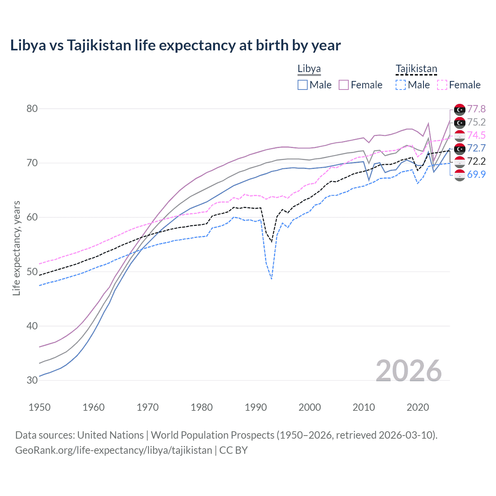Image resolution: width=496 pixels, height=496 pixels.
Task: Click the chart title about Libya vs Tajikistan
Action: point(175,45)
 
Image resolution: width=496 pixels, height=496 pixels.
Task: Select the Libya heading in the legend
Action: point(309,69)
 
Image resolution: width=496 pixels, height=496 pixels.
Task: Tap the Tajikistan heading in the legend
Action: point(416,69)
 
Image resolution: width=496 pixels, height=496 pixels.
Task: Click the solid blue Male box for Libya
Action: point(303,85)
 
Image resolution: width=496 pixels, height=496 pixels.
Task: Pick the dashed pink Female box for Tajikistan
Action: point(442,85)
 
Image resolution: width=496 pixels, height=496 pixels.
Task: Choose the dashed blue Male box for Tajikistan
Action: point(401,85)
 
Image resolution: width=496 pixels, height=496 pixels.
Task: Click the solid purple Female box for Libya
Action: point(344,85)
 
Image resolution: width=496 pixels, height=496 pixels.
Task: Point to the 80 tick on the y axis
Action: point(32,108)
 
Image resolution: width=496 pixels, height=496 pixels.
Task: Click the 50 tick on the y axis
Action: point(32,272)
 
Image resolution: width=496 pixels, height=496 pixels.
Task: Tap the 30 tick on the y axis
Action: point(32,380)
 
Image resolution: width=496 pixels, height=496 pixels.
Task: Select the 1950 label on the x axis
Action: point(40,407)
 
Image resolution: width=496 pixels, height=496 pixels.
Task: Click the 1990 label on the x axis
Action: point(256,407)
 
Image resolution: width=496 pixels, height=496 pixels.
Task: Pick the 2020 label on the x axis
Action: point(418,407)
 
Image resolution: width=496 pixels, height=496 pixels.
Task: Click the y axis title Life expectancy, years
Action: point(16,248)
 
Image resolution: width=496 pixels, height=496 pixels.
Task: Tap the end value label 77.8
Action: point(476,109)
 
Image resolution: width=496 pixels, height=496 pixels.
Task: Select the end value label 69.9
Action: point(476,174)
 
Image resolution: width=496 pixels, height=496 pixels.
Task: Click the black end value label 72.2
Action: point(476,161)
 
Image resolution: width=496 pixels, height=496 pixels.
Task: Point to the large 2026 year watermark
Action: point(408,371)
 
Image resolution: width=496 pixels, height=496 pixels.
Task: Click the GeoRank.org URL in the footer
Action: point(114,450)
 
